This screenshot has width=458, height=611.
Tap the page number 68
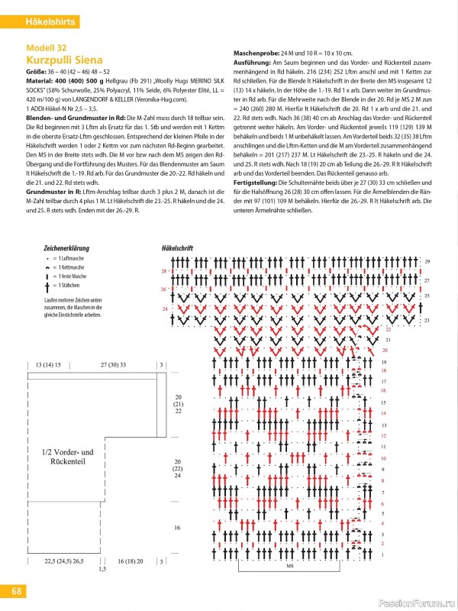17,590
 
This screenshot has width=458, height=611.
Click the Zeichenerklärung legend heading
67,249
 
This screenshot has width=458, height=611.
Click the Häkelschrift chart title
178,249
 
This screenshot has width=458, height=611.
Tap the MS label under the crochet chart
290,566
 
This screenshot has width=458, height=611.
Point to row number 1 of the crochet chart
383,554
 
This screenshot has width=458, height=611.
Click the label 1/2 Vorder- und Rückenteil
68,457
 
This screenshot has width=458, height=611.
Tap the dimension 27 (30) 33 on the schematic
114,365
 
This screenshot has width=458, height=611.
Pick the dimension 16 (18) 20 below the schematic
131,561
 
